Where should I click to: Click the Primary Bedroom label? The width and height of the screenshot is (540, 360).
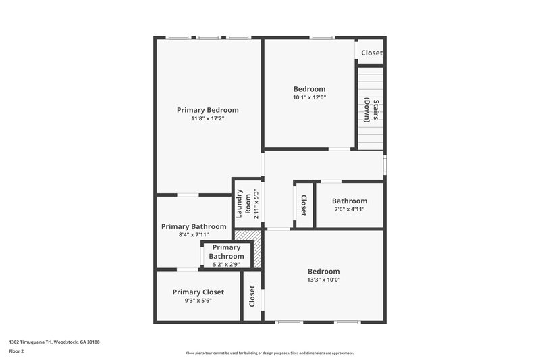pyautogui.click(x=207, y=110)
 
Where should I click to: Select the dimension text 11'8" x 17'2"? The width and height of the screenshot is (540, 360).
pyautogui.click(x=207, y=119)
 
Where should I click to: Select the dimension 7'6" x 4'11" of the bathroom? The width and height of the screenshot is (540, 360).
pyautogui.click(x=349, y=209)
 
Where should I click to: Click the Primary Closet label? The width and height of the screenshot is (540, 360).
pyautogui.click(x=198, y=292)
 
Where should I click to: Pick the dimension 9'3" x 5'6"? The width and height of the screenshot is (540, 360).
pyautogui.click(x=198, y=301)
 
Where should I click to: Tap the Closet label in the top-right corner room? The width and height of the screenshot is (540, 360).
pyautogui.click(x=371, y=53)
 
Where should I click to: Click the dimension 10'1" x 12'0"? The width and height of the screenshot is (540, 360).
pyautogui.click(x=309, y=97)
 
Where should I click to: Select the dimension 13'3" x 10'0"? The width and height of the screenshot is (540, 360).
pyautogui.click(x=324, y=280)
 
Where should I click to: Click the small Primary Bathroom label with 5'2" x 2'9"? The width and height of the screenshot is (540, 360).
pyautogui.click(x=226, y=252)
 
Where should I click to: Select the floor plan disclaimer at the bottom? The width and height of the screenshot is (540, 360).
pyautogui.click(x=269, y=353)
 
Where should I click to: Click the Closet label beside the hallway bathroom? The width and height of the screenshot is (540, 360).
pyautogui.click(x=304, y=205)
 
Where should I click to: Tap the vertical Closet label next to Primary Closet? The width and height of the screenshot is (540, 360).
pyautogui.click(x=252, y=295)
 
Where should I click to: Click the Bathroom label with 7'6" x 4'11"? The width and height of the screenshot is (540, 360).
pyautogui.click(x=349, y=201)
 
